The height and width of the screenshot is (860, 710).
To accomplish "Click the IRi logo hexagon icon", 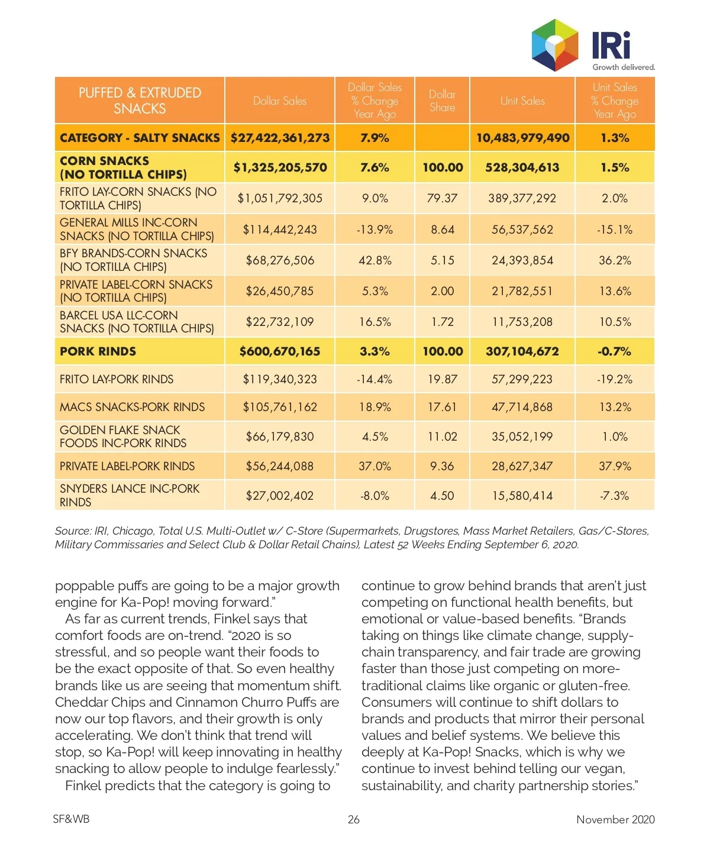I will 555,45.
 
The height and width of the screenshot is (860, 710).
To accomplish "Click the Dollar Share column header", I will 442,101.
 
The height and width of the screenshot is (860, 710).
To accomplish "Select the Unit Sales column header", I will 522,101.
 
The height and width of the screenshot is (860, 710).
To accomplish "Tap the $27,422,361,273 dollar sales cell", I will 280,138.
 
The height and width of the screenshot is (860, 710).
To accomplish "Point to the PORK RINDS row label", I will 98,351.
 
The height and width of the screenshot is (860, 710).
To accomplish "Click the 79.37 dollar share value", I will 442,198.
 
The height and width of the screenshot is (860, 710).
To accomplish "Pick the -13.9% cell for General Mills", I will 375,229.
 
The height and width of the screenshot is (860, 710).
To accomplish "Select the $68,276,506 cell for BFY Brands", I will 280,260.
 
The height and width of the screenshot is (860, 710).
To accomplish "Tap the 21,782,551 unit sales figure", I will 522,291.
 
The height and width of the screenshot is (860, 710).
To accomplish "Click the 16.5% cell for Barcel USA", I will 375,322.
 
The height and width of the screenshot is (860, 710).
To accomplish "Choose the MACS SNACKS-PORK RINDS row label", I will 132,407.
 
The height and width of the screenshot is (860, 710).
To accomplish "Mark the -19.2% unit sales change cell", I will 615,379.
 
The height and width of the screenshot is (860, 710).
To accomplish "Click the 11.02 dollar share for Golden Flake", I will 442,437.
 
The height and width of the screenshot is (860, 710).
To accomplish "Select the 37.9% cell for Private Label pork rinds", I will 615,466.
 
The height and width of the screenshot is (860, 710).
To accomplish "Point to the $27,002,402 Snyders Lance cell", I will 280,496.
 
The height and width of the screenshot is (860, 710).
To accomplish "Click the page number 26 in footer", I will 354,819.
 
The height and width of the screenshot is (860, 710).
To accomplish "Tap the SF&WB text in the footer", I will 71,819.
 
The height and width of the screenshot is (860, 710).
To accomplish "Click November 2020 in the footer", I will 615,819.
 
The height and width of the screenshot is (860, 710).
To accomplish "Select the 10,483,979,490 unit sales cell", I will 522,138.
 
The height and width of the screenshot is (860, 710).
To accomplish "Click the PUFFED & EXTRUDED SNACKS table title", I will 140,101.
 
